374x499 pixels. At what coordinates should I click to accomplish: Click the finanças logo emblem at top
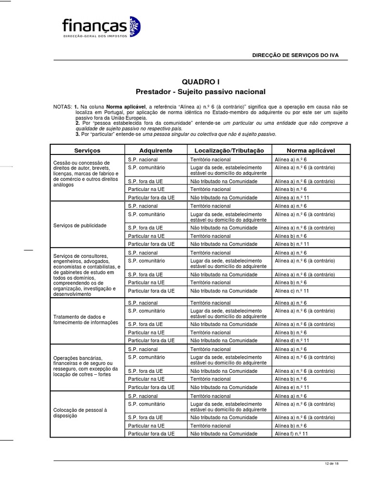pyautogui.click(x=132, y=26)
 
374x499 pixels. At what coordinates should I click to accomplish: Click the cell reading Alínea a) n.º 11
pyautogui.click(x=292, y=197)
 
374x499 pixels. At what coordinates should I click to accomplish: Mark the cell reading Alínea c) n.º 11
pyautogui.click(x=292, y=291)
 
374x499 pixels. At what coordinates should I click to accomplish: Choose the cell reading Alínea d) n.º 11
pyautogui.click(x=292, y=340)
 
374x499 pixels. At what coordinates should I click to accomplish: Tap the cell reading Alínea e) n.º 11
pyautogui.click(x=292, y=387)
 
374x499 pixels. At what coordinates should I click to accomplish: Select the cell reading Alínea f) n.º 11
pyautogui.click(x=292, y=433)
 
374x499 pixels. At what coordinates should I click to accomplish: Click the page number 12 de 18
pyautogui.click(x=331, y=463)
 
